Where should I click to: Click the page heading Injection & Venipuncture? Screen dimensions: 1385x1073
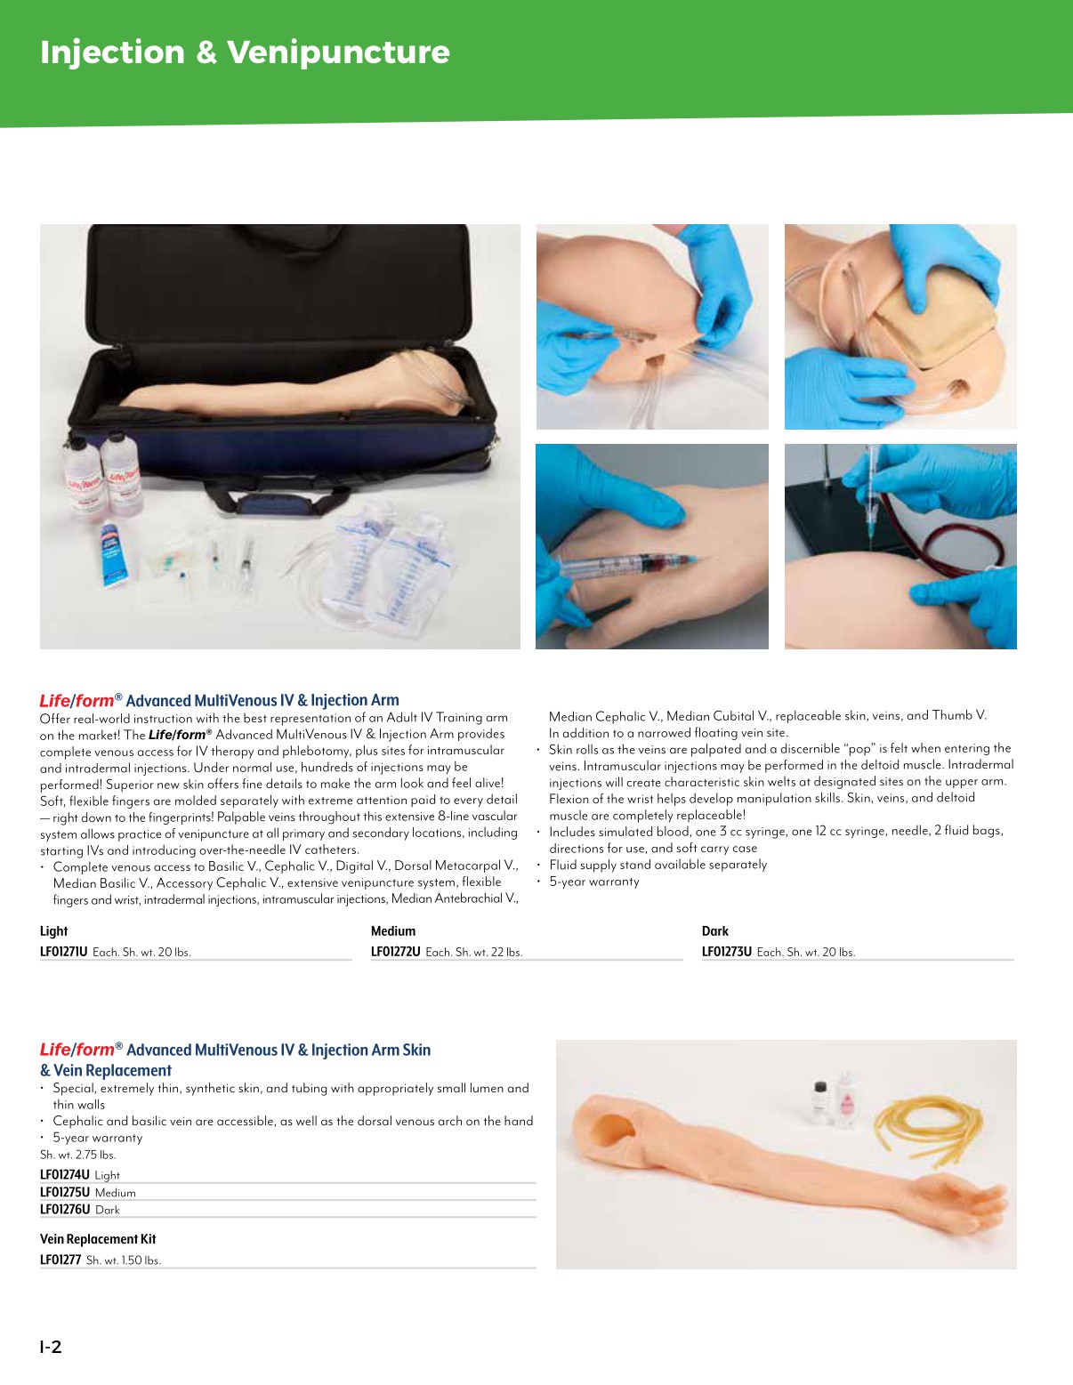click(x=245, y=52)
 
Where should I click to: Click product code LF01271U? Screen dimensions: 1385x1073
click(x=64, y=952)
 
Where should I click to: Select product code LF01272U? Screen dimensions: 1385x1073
click(x=396, y=952)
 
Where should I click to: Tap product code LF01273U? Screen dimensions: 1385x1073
click(x=727, y=952)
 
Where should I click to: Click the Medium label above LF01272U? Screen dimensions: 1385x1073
click(x=393, y=931)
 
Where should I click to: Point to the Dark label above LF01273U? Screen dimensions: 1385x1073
click(x=715, y=931)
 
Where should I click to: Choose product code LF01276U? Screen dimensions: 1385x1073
click(x=65, y=1210)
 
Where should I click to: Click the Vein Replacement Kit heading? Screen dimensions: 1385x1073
click(x=98, y=1239)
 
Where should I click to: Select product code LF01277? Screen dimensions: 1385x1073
click(x=61, y=1260)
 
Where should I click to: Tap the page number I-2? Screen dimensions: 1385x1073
click(x=51, y=1347)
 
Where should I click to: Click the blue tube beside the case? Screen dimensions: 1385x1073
click(x=113, y=554)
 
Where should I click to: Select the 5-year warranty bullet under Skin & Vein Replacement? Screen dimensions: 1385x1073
click(x=97, y=1138)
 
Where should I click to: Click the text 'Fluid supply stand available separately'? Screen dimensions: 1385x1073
click(x=658, y=865)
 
